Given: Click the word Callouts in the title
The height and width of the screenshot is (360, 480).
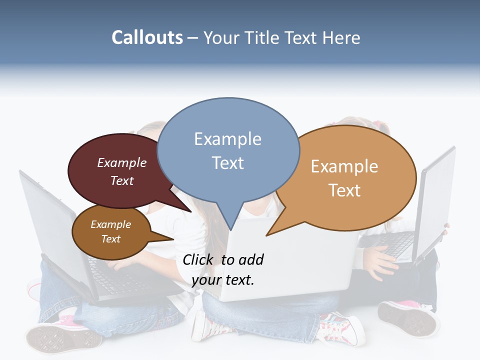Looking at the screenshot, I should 147,37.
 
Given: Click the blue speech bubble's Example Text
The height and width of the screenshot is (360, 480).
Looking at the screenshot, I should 227,150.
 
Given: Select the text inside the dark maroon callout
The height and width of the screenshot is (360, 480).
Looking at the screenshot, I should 122,171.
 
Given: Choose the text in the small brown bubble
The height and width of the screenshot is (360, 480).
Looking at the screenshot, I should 110,231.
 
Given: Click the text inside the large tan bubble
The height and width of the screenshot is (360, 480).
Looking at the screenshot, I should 344,178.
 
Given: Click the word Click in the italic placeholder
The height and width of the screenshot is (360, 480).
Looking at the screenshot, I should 199,259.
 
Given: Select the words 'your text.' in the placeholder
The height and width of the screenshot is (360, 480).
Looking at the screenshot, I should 223,280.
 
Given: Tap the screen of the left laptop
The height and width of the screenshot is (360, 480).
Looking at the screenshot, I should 50,220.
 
